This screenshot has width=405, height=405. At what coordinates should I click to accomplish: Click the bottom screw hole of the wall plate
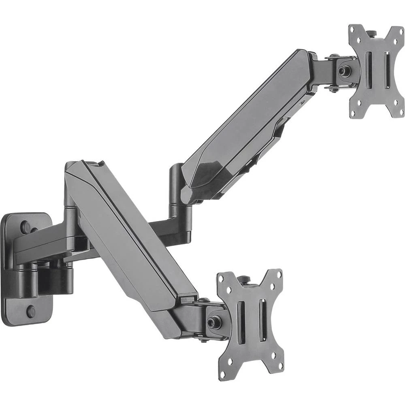pyautogui.click(x=31, y=311)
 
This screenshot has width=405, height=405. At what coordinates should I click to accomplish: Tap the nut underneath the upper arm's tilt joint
pyautogui.click(x=333, y=89)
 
